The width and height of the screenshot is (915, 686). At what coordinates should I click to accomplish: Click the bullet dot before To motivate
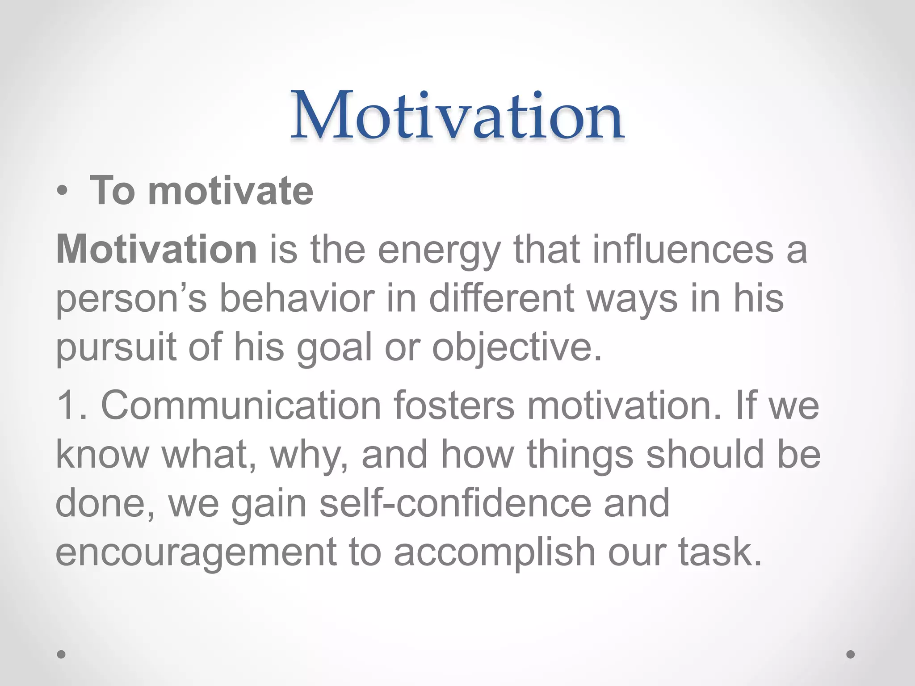click(x=62, y=192)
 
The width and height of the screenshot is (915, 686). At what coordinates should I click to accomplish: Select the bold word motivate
click(x=231, y=191)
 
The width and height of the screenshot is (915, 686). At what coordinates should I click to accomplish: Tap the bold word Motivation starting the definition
click(x=156, y=249)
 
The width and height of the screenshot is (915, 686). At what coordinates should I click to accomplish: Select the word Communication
click(x=241, y=405)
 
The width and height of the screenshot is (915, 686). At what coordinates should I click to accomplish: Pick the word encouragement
click(x=196, y=552)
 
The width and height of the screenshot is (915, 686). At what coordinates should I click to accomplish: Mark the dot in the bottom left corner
click(x=62, y=654)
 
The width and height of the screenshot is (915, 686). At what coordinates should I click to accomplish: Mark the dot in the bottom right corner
click(x=851, y=654)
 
